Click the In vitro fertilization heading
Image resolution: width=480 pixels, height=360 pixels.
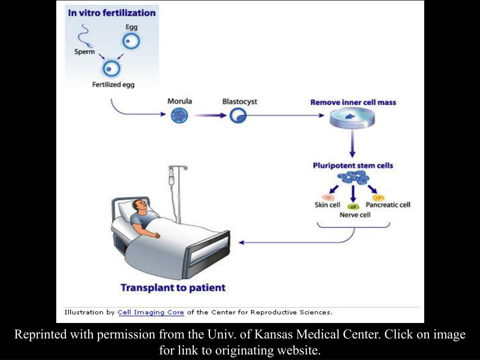pyautogui.click(x=112, y=13)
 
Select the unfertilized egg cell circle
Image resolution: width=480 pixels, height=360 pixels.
pyautogui.click(x=131, y=41)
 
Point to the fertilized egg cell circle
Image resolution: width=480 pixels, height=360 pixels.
pyautogui.click(x=111, y=68)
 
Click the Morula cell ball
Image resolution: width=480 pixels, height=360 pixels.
pyautogui.click(x=180, y=116)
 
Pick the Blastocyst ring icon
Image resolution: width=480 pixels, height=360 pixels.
pyautogui.click(x=238, y=116)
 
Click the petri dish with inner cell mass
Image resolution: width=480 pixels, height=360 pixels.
pyautogui.click(x=352, y=119)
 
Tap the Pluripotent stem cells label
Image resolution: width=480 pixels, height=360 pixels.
pyautogui.click(x=352, y=165)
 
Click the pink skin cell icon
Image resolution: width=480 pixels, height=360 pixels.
pyautogui.click(x=328, y=198)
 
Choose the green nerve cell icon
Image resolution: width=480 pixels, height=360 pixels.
pyautogui.click(x=354, y=207)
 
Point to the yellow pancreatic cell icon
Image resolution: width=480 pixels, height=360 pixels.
pyautogui.click(x=378, y=198)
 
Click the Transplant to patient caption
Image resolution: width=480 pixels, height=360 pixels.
pyautogui.click(x=173, y=288)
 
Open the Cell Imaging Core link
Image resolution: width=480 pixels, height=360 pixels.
pyautogui.click(x=151, y=312)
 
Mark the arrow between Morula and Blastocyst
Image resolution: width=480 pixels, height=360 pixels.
pyautogui.click(x=210, y=115)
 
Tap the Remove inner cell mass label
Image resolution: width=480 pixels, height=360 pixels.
pyautogui.click(x=353, y=103)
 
